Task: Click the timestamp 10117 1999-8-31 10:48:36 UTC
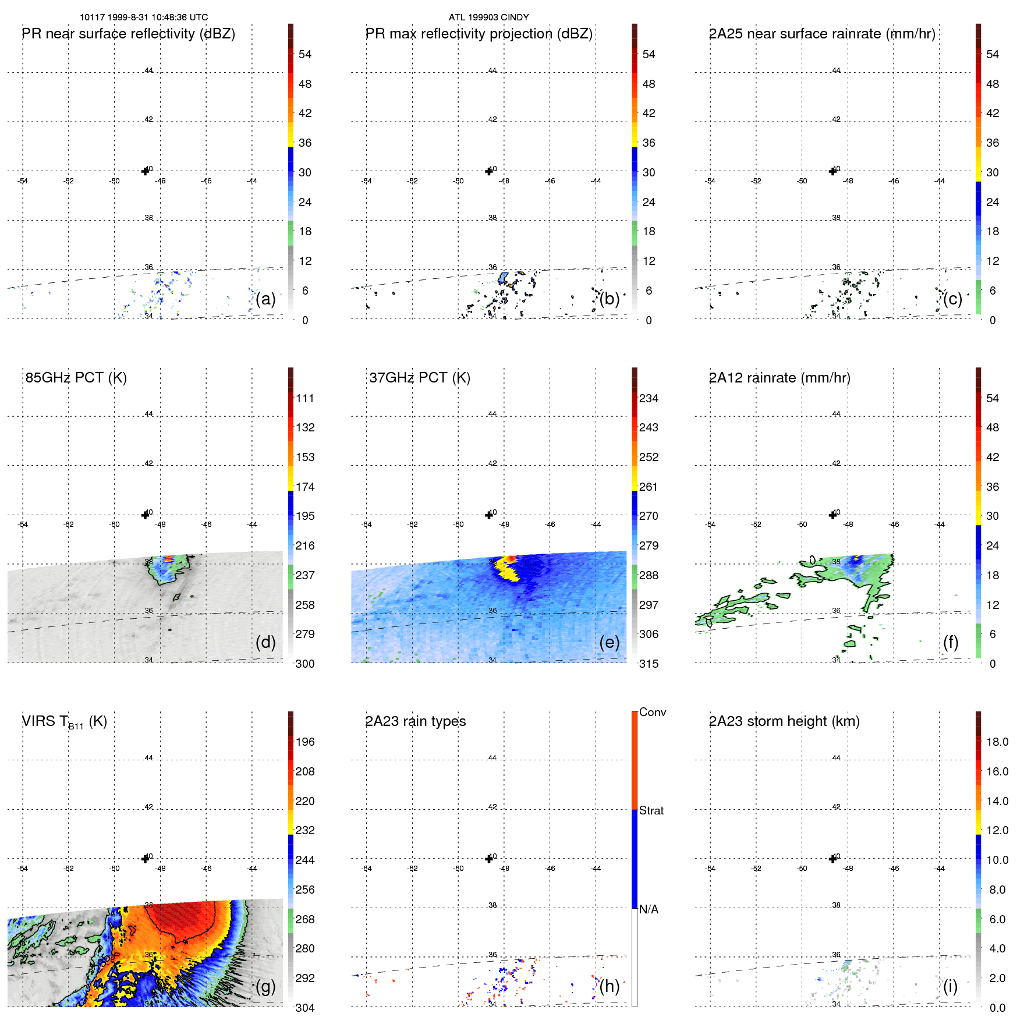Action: (144, 17)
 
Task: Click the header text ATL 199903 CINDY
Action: (488, 17)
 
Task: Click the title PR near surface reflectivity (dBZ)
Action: (129, 34)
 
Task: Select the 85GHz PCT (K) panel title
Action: (76, 378)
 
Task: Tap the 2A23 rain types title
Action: (416, 721)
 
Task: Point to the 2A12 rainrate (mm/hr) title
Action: (780, 378)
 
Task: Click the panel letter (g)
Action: (265, 986)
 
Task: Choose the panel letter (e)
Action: (610, 642)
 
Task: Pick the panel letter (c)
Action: (953, 299)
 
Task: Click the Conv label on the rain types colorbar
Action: (653, 712)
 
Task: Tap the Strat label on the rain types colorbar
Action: (651, 810)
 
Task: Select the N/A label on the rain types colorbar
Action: (649, 909)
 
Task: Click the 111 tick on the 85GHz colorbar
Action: (305, 398)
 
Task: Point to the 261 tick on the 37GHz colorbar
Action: (649, 487)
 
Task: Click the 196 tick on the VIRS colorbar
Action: (305, 742)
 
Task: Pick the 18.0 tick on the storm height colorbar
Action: (997, 742)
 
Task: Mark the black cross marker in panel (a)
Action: (145, 171)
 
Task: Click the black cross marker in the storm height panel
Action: (832, 859)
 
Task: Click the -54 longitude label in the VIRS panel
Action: (23, 869)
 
